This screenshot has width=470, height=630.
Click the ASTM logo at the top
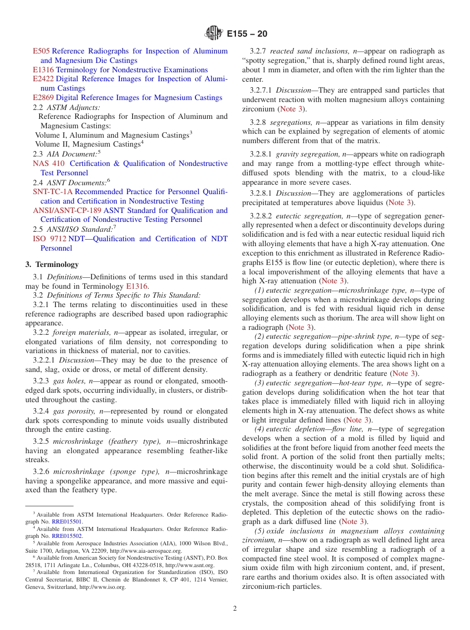[214, 34]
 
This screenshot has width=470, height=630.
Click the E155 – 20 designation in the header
[247, 34]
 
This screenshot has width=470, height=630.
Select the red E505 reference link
[42, 51]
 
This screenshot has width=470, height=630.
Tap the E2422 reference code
[44, 79]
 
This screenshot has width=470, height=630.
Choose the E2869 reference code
[44, 98]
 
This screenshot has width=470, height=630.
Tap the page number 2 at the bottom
[235, 608]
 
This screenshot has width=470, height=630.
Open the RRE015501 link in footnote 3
[67, 522]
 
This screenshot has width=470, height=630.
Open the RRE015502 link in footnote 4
[67, 536]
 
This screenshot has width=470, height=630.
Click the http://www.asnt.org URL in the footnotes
[189, 565]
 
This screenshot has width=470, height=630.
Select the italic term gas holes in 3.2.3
[70, 381]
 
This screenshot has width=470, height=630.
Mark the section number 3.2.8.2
[261, 216]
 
